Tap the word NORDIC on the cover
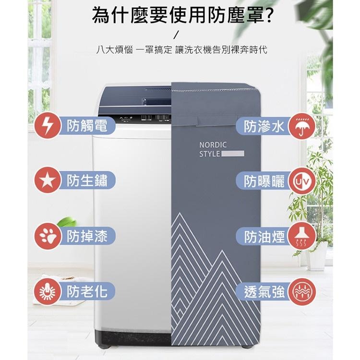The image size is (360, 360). [213, 144]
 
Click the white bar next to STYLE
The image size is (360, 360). [234, 154]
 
